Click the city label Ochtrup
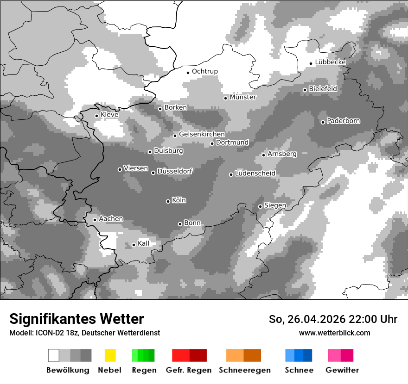tap(204, 71)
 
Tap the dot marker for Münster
tap(226, 98)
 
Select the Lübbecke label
tap(330, 62)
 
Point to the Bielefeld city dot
tap(305, 90)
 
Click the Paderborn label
tap(343, 121)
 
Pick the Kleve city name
tap(109, 115)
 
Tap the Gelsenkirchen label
tap(202, 134)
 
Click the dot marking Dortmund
tap(212, 143)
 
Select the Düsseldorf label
tap(175, 171)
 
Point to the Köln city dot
tap(168, 201)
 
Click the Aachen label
tap(111, 219)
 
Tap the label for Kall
tap(143, 243)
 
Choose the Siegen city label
tap(275, 205)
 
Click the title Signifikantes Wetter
tap(76, 319)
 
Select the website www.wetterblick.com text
tap(334, 333)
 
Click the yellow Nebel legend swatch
tap(110, 355)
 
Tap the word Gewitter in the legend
tap(342, 370)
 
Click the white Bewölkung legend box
tap(53, 355)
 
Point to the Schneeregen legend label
tap(244, 370)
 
